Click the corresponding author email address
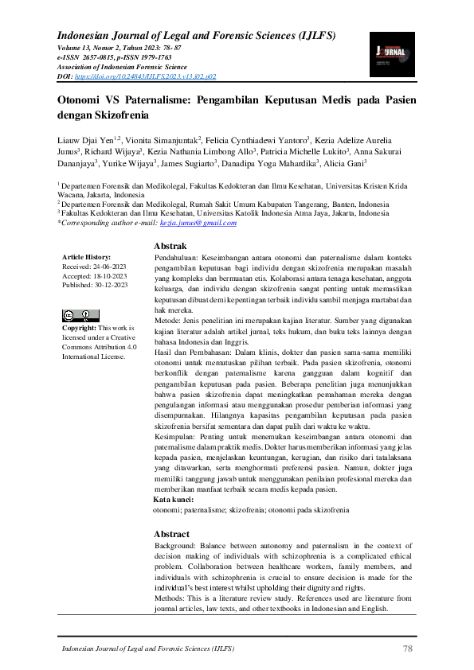204,224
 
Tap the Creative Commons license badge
77,315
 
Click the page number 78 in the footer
408,650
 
